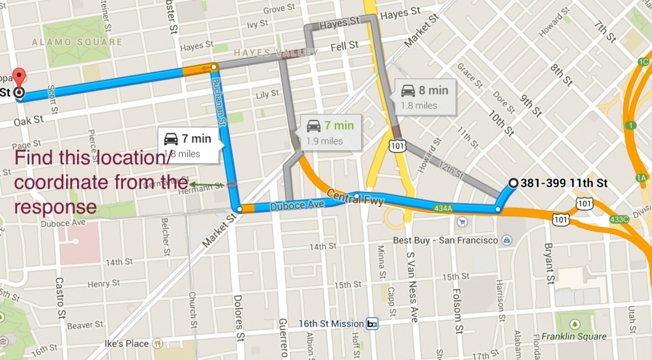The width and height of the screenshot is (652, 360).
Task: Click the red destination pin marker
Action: coord(19,78)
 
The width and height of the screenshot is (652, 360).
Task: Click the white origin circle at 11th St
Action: coord(514,184)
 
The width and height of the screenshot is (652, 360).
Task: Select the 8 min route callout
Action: coord(424,96)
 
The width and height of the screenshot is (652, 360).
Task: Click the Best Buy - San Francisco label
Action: coord(445,240)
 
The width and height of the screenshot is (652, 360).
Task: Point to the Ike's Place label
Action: coord(127,343)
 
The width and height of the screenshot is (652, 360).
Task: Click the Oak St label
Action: coord(29,119)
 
